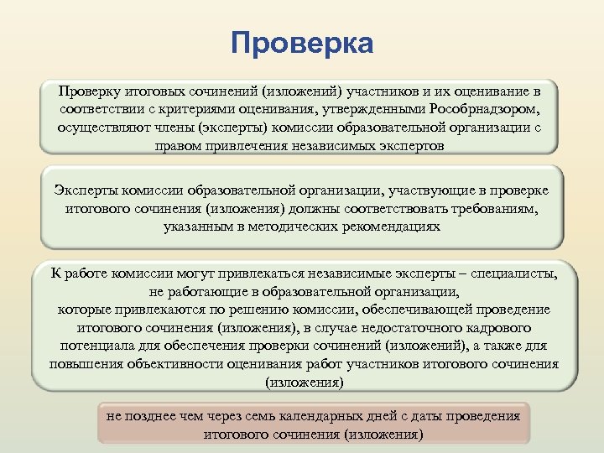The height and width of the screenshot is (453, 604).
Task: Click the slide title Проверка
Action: [302, 44]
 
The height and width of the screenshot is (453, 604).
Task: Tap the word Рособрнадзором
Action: [484, 109]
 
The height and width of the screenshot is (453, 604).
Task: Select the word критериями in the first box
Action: [214, 109]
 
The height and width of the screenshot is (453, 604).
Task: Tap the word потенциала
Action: [97, 346]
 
